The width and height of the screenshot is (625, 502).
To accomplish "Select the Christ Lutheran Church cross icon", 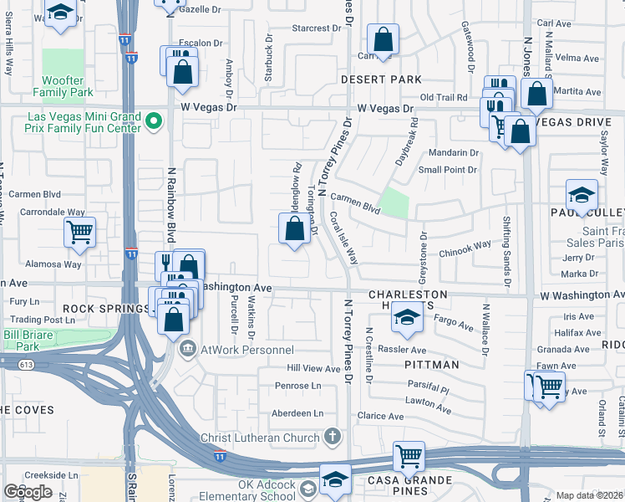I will [x=333, y=437].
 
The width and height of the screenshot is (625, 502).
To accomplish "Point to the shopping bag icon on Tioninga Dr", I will [x=294, y=228].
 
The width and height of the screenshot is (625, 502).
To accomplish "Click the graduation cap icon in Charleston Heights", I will [x=407, y=318].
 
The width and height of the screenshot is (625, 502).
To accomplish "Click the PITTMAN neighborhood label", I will [x=432, y=365].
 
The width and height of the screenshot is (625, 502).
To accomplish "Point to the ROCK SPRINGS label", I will [x=105, y=309].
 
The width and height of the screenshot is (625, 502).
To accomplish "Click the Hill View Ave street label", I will [x=313, y=368].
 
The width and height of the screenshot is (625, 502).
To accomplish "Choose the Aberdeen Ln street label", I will [x=297, y=413].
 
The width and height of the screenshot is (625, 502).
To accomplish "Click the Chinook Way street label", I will [x=465, y=248].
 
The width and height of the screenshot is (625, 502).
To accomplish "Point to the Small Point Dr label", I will [x=447, y=170].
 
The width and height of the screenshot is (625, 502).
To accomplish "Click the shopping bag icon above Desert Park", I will [x=383, y=39].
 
